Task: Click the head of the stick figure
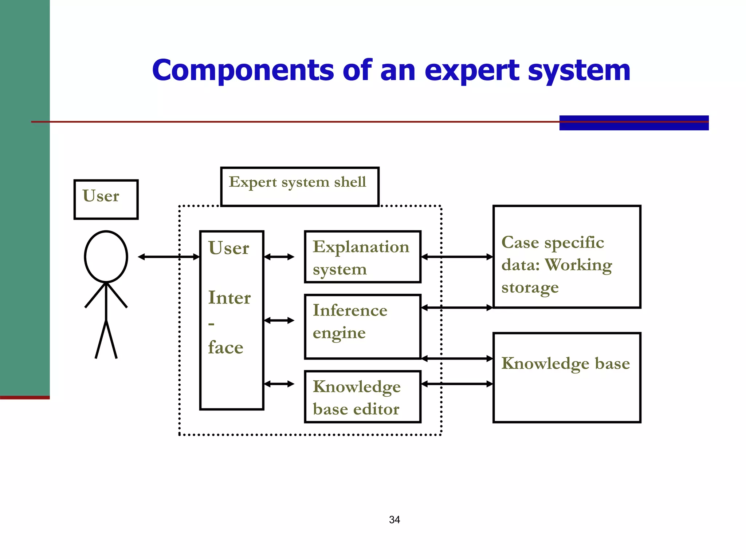[106, 257]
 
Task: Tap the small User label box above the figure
[106, 199]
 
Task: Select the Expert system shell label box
[299, 186]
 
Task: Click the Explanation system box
[362, 257]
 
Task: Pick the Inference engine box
[362, 326]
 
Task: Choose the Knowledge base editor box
[362, 397]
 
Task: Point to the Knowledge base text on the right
[565, 363]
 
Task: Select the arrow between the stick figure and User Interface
[169, 257]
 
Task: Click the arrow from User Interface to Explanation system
[279, 257]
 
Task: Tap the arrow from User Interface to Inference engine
[279, 320]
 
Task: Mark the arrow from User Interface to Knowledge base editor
[279, 384]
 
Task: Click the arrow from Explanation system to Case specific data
[457, 257]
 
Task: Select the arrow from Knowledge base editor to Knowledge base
[457, 384]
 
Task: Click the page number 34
[394, 520]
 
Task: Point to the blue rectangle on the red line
[634, 123]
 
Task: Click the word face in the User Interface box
[225, 348]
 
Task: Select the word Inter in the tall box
[229, 298]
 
